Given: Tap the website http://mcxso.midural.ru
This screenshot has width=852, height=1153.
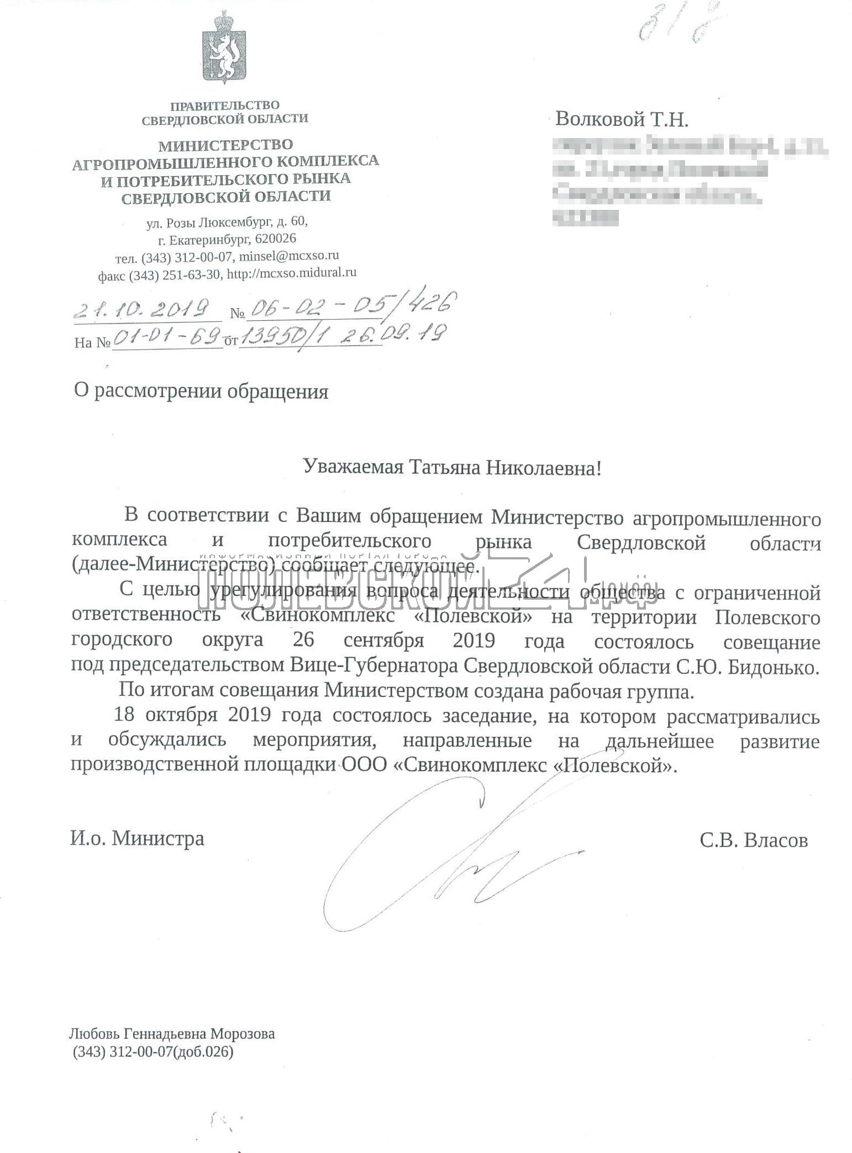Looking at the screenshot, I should (x=292, y=272).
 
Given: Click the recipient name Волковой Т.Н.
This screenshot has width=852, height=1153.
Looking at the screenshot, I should (x=622, y=119).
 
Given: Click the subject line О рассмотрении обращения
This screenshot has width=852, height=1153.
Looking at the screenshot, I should (x=201, y=392).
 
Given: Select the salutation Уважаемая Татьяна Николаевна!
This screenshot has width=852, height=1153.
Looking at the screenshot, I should (x=451, y=468).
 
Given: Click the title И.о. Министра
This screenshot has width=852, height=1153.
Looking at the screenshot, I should (x=137, y=839).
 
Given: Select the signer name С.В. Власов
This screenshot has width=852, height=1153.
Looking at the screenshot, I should (x=753, y=840).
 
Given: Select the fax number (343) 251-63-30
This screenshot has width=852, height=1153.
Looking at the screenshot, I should (x=174, y=274).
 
